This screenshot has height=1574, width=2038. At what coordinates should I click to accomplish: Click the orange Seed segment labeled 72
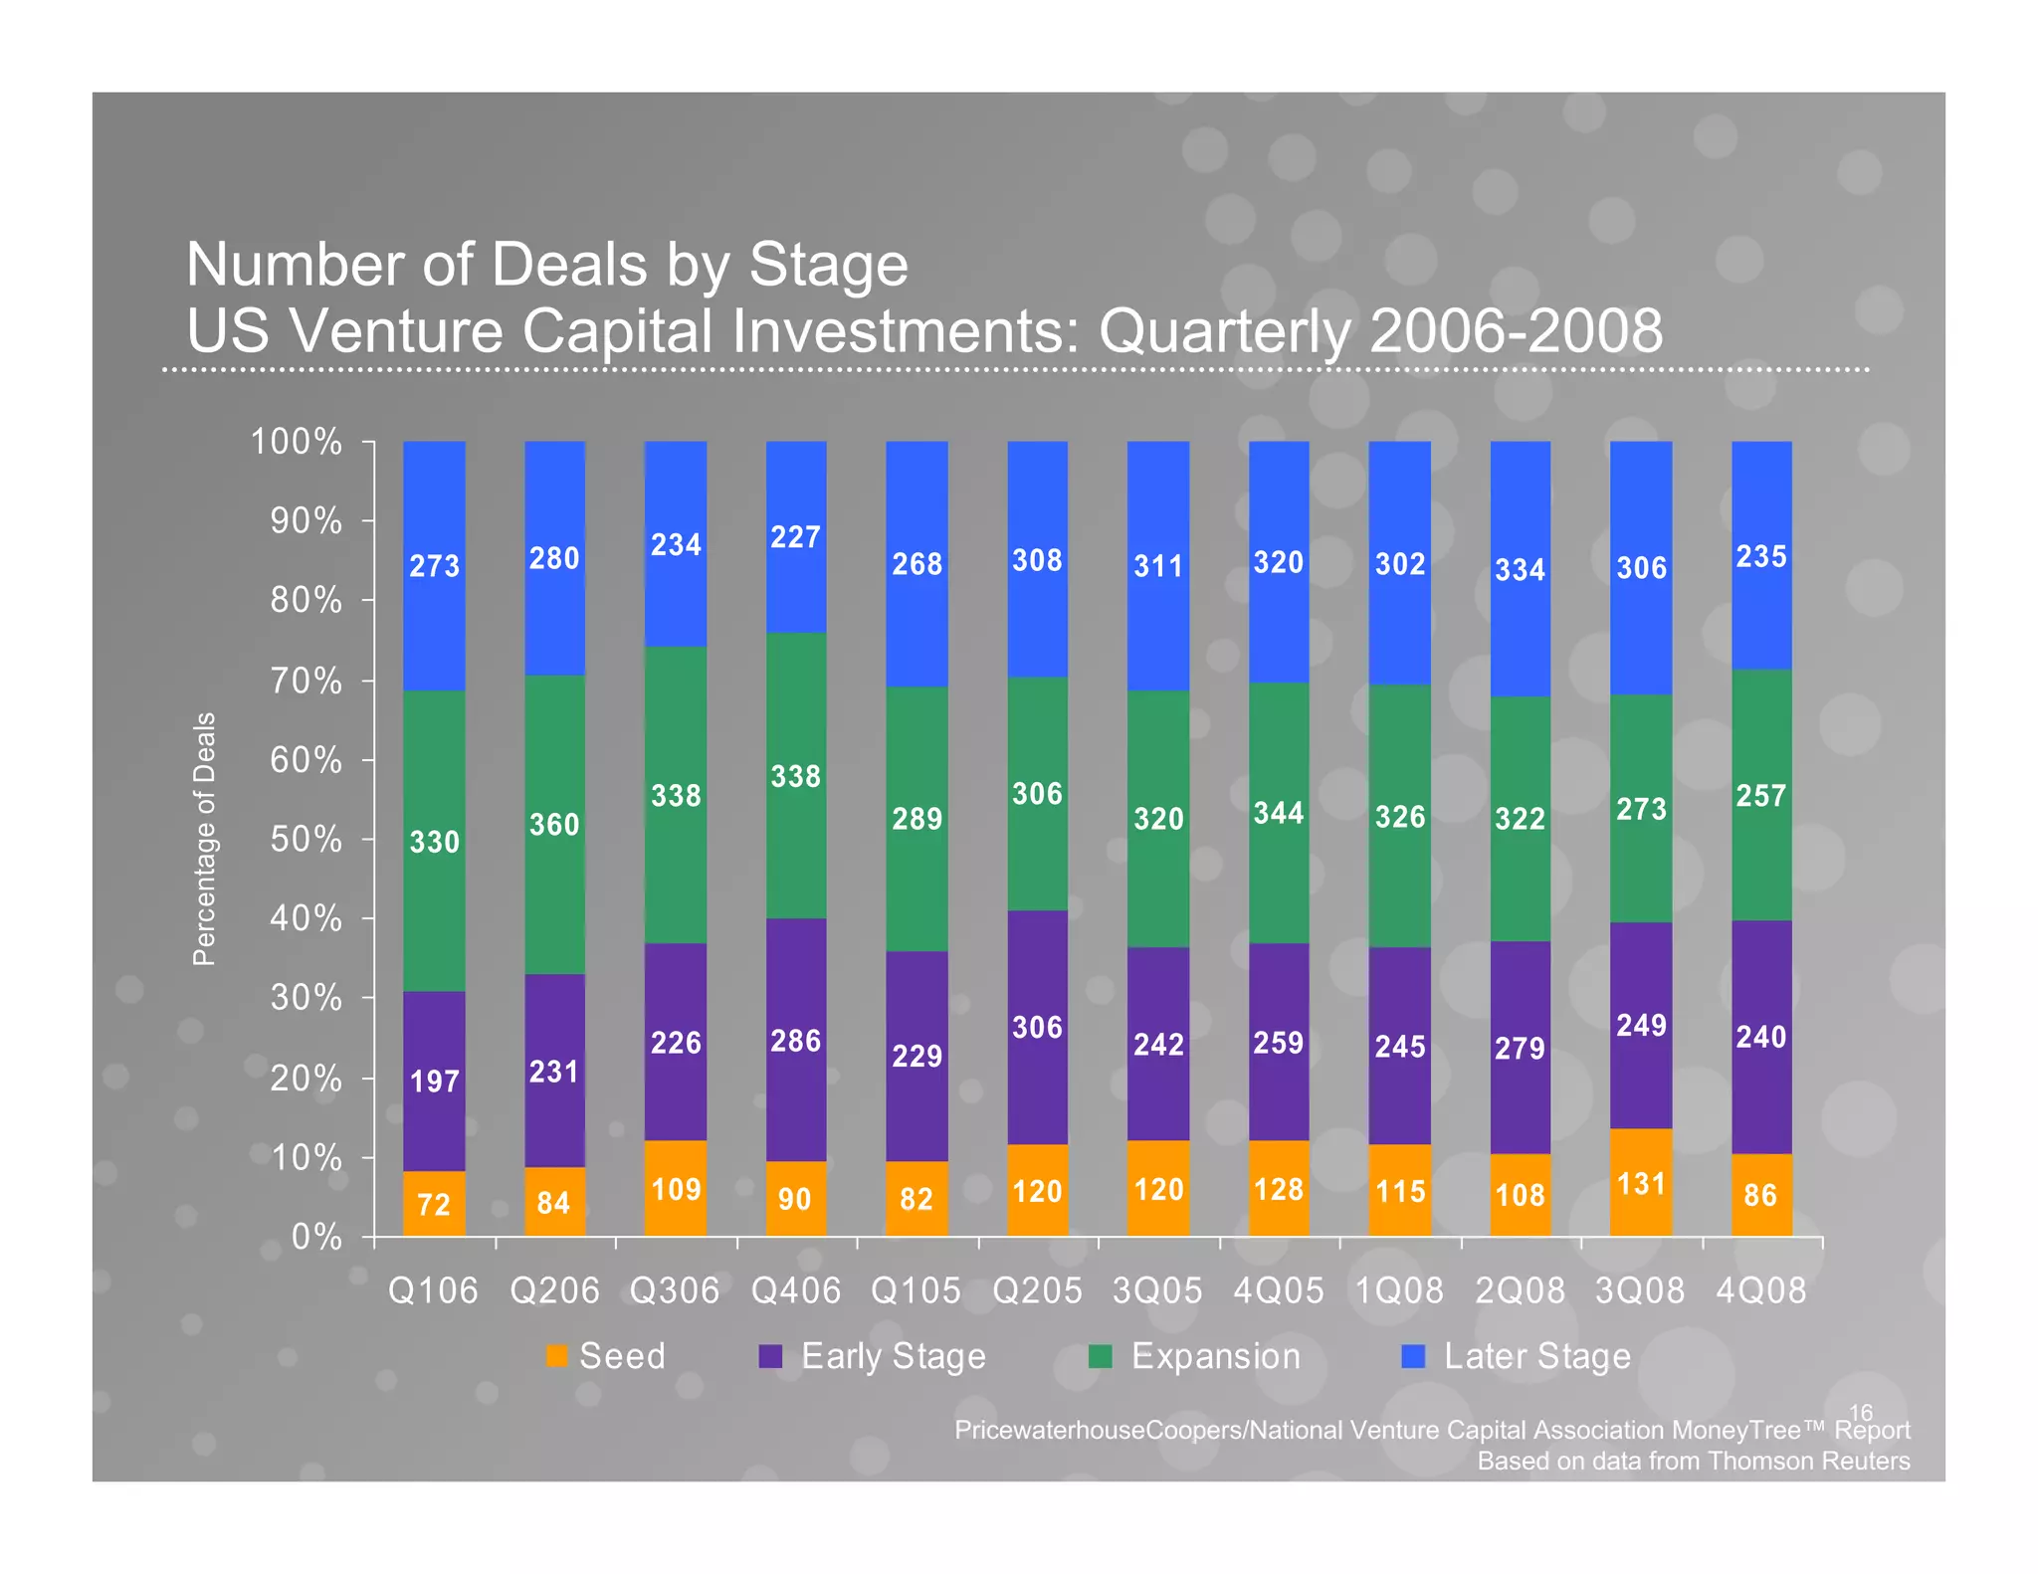[434, 1203]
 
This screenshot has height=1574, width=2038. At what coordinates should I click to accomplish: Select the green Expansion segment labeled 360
[554, 824]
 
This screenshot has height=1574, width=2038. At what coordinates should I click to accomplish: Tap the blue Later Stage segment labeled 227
[795, 537]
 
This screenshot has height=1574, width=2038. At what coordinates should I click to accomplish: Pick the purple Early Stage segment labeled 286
[795, 1040]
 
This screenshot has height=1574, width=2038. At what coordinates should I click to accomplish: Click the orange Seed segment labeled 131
[1640, 1183]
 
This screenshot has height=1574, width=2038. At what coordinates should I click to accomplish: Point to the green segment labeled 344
[1279, 813]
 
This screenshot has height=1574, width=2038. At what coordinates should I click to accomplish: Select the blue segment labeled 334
[1520, 569]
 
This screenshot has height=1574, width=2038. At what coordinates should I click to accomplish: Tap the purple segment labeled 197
[434, 1081]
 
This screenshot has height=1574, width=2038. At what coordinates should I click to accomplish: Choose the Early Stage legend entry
[873, 1356]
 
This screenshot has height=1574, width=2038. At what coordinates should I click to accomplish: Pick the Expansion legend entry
[1195, 1356]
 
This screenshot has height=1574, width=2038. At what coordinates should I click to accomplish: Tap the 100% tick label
[296, 442]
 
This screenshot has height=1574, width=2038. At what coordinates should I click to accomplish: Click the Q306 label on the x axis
[675, 1290]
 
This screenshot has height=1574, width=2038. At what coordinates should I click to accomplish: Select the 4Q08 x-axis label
[1760, 1290]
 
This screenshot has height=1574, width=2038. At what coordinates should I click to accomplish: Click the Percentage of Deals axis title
[204, 839]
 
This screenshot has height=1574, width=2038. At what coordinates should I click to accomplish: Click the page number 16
[1860, 1412]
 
